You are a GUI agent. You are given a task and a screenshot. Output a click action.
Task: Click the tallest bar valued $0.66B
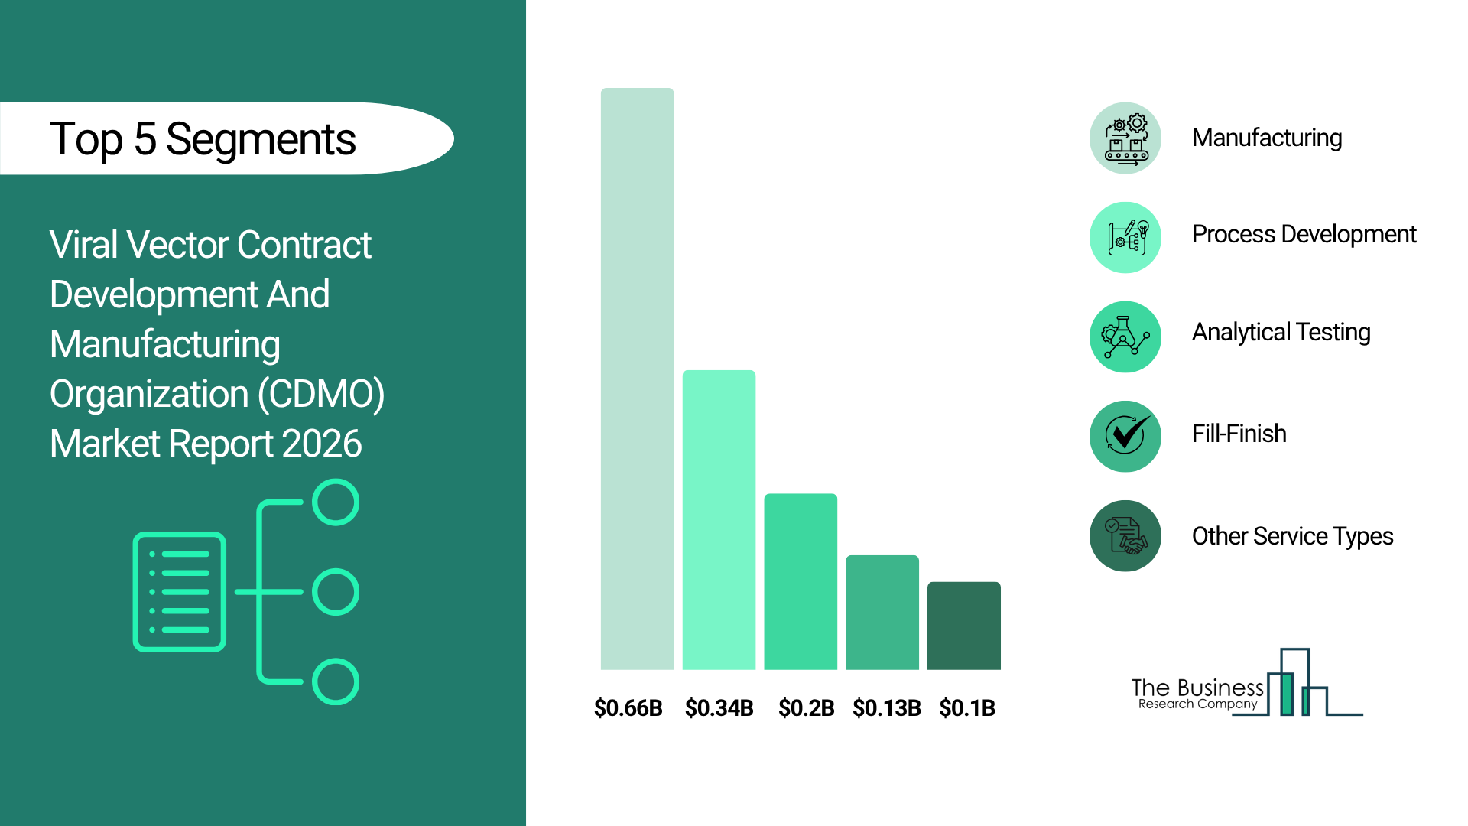pyautogui.click(x=637, y=379)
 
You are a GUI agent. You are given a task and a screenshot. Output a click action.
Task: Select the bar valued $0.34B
pyautogui.click(x=719, y=520)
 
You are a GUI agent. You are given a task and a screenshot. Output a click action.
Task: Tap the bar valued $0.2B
pyautogui.click(x=801, y=581)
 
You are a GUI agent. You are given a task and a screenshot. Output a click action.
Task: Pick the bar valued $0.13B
pyautogui.click(x=882, y=612)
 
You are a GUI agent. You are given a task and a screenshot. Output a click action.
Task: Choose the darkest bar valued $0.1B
pyautogui.click(x=964, y=626)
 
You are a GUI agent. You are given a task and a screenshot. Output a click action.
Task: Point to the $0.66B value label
pyautogui.click(x=628, y=708)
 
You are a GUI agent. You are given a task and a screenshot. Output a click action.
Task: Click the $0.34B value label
pyautogui.click(x=719, y=708)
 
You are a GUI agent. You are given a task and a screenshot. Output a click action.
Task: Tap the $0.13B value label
pyautogui.click(x=887, y=708)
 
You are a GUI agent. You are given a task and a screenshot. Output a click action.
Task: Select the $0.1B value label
pyautogui.click(x=967, y=708)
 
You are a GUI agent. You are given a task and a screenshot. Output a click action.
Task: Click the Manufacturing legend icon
pyautogui.click(x=1125, y=138)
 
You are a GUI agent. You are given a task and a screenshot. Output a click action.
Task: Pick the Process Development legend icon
pyautogui.click(x=1125, y=238)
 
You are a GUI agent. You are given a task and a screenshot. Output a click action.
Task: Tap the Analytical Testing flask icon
pyautogui.click(x=1125, y=337)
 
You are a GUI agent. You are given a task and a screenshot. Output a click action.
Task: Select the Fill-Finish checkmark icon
pyautogui.click(x=1125, y=437)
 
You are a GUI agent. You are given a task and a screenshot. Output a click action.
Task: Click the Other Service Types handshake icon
pyautogui.click(x=1125, y=536)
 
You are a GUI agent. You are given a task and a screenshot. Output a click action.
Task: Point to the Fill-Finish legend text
pyautogui.click(x=1239, y=434)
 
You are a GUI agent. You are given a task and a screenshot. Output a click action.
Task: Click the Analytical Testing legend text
pyautogui.click(x=1281, y=333)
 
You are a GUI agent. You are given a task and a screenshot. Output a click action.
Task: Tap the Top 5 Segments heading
pyautogui.click(x=203, y=140)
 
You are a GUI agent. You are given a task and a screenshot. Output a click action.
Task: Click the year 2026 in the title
pyautogui.click(x=321, y=444)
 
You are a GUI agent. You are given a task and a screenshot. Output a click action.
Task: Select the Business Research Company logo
pyautogui.click(x=1247, y=683)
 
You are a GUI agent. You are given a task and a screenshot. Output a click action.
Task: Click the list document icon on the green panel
pyautogui.click(x=180, y=592)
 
